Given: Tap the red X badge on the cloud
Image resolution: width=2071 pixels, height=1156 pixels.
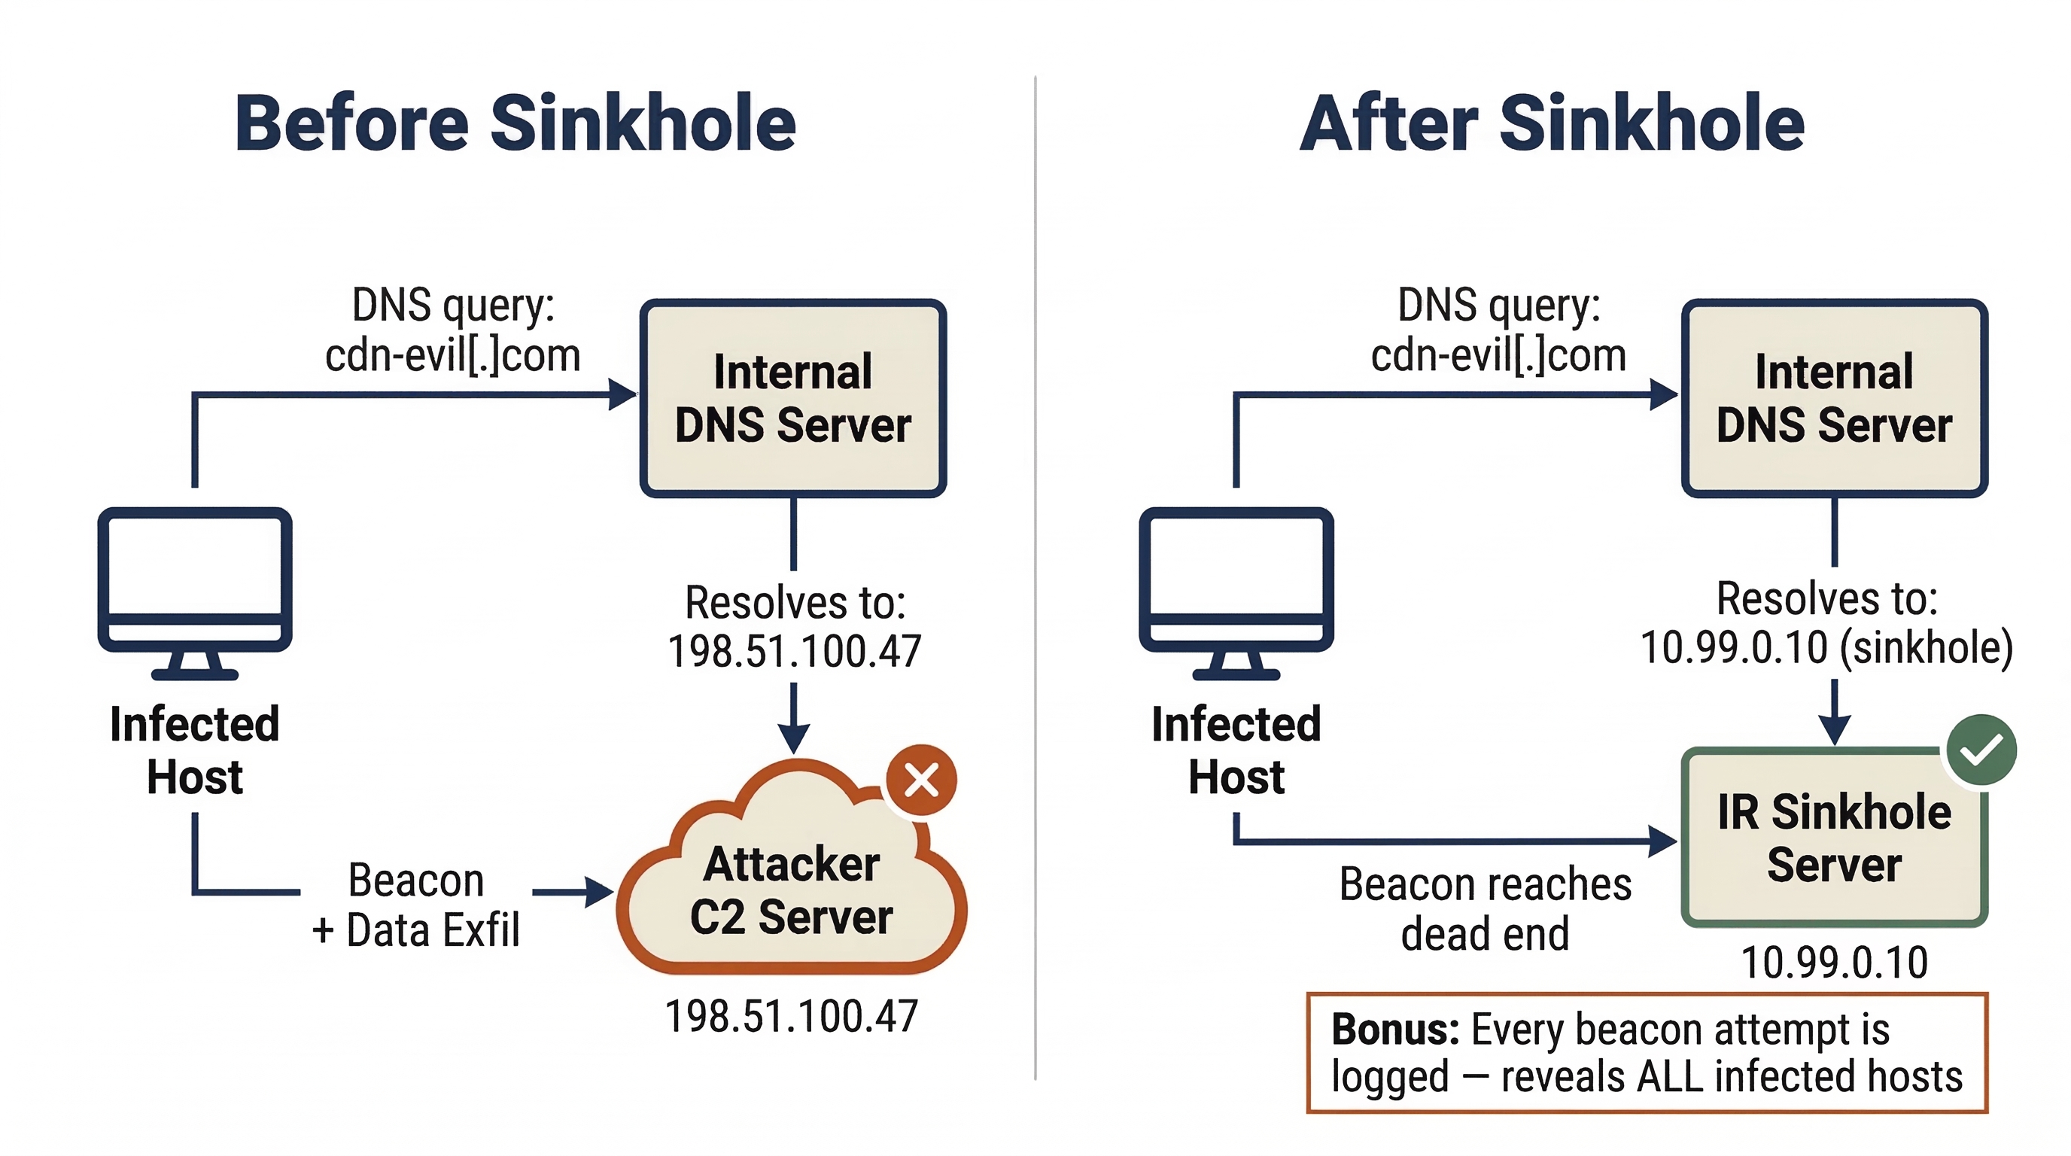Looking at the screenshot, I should (x=921, y=780).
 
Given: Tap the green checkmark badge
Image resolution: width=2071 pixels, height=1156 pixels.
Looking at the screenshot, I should (x=1981, y=750).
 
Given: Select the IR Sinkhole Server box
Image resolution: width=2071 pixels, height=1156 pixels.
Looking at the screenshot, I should (x=1834, y=838).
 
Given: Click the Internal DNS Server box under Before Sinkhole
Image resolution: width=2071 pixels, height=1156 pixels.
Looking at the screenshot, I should (x=792, y=398).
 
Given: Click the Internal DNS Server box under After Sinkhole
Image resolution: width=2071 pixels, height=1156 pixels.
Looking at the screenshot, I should (x=1834, y=398).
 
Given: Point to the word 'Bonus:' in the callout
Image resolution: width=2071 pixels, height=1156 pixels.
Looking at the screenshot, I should (x=1395, y=1030).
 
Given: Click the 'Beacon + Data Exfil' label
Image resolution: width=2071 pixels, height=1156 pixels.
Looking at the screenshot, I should (x=415, y=905).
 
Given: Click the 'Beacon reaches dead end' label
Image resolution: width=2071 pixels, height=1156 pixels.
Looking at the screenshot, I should (x=1485, y=909).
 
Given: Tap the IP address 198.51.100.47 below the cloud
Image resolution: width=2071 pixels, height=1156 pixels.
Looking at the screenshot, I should (x=792, y=1016).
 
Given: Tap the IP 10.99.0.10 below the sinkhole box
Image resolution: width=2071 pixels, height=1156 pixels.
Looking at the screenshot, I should (x=1834, y=963).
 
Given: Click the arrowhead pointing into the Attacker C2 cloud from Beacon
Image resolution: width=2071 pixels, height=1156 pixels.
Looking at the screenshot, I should (x=600, y=893).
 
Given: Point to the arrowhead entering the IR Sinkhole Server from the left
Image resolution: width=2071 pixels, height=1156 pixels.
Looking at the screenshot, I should (x=1662, y=841).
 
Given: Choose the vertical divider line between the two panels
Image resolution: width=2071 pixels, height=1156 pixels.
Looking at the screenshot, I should (x=1035, y=579).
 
